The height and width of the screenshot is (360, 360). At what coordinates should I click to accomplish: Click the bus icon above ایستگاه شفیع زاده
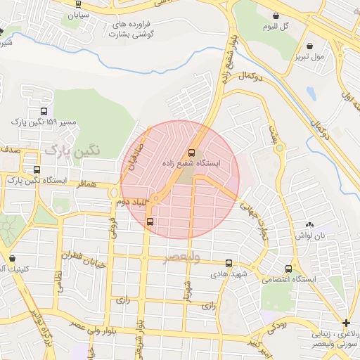pos(192,153)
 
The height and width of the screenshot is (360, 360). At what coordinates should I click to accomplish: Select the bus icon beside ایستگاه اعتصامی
pos(289,269)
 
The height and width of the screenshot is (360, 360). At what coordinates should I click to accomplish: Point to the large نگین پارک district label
pos(73,150)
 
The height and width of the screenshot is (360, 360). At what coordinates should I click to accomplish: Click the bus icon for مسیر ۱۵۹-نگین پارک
pos(44,111)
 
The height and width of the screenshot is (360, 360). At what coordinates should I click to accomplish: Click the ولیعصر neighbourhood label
pos(182,258)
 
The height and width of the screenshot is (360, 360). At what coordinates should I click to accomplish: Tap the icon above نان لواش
pos(310,224)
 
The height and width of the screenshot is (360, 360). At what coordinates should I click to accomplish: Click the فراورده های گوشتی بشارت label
pos(132,29)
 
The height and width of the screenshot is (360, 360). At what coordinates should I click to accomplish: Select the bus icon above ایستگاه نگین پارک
pos(37,169)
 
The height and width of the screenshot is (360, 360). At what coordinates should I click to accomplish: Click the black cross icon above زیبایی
pos(345,323)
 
